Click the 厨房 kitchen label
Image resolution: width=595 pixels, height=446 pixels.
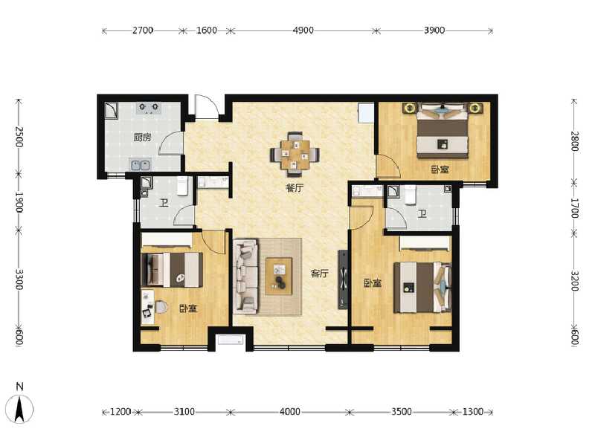tap(143, 138)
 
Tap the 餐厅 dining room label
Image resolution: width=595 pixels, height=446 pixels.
tap(295, 188)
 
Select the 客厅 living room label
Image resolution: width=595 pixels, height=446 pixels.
tap(320, 273)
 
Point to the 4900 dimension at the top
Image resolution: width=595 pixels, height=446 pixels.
tap(303, 30)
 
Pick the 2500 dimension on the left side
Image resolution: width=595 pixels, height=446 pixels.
tap(19, 137)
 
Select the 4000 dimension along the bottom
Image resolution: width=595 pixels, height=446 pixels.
tap(290, 411)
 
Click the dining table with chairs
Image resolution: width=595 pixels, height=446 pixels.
tap(295, 154)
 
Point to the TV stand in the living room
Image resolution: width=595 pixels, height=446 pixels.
tap(343, 279)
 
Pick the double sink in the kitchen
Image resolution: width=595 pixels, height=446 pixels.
tap(139, 164)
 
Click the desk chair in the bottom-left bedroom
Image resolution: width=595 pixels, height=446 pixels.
tap(159, 307)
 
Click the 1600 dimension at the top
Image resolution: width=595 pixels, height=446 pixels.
tap(206, 30)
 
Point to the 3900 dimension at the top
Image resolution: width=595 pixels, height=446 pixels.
tap(434, 30)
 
